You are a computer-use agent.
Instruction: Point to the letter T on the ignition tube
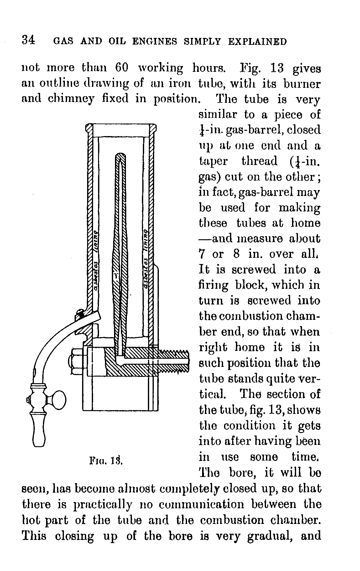[x=116, y=276]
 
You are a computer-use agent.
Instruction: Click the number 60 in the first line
[x=122, y=68]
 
